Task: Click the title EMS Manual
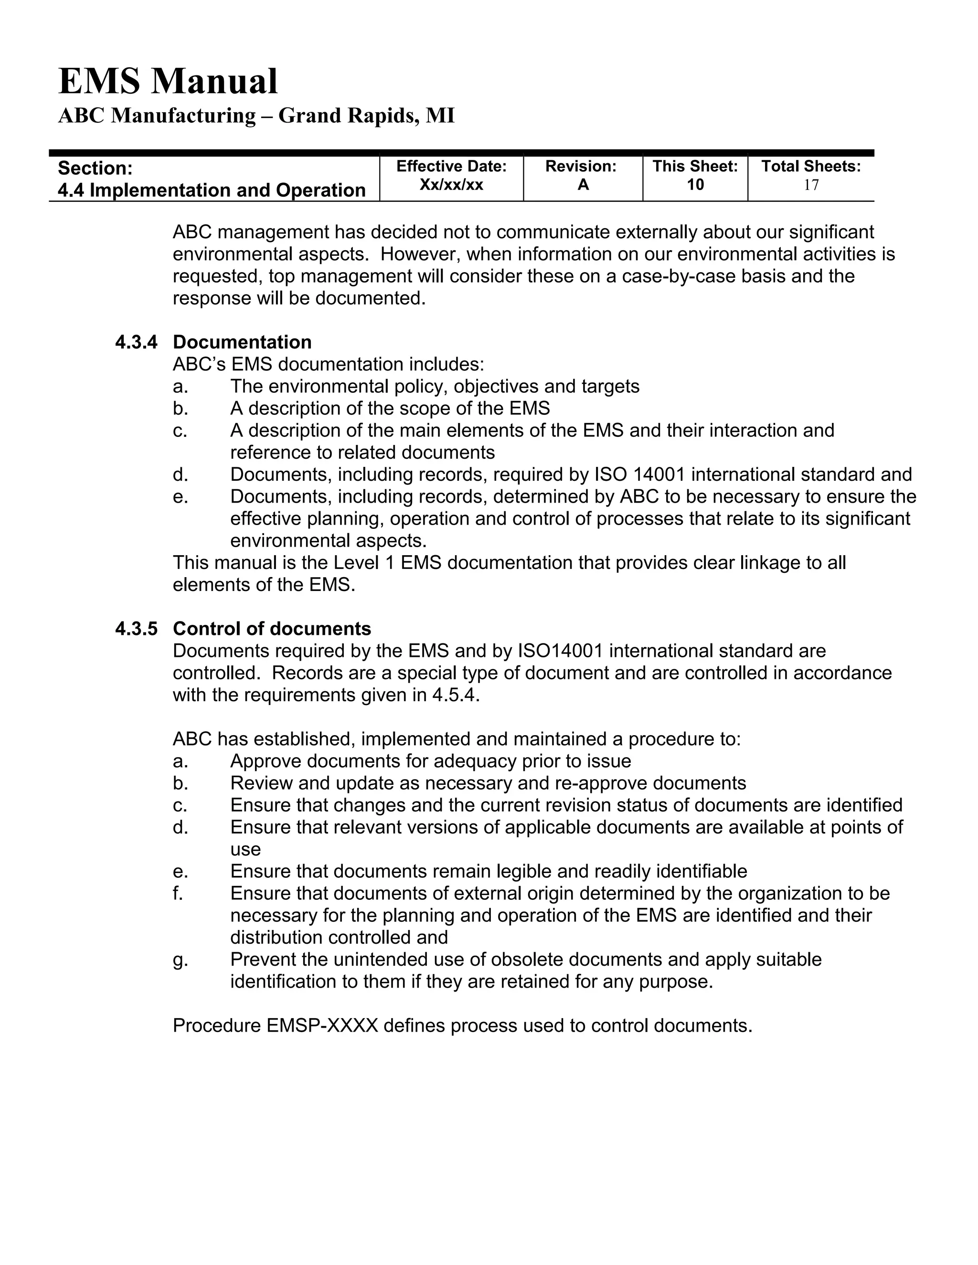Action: (x=168, y=81)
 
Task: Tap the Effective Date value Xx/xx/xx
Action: (x=451, y=185)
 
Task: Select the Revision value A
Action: (x=583, y=185)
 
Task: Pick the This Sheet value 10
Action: (x=695, y=185)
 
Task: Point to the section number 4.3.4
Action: (x=136, y=342)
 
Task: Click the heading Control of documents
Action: (x=272, y=629)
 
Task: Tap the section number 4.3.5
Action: (x=136, y=629)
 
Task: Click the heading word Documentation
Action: (x=242, y=342)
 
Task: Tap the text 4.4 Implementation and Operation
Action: (x=212, y=190)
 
